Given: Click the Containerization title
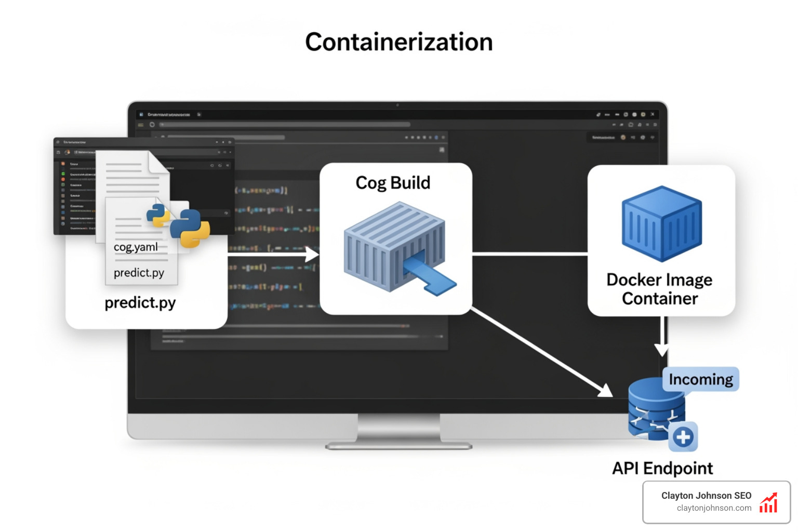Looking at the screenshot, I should point(398,42).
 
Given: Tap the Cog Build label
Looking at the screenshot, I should point(393,183).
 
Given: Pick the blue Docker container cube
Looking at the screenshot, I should point(661,223).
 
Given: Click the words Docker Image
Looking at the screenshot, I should point(659,280).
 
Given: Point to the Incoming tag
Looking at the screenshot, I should point(700,379).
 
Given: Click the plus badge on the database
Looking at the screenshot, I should point(683,437).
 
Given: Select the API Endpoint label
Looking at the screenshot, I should point(662,468).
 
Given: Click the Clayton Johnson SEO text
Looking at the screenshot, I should point(706,496).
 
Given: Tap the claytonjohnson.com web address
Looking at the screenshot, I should point(714,508).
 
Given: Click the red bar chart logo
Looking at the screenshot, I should point(768,503).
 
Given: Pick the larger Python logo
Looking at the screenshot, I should point(190,228).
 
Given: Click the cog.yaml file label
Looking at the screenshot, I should point(136,247).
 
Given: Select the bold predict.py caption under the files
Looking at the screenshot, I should point(140,302).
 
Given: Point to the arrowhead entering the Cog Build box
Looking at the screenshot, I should point(312,254).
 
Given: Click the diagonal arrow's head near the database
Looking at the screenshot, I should point(605,390).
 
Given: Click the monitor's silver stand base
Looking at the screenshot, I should point(398,445).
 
